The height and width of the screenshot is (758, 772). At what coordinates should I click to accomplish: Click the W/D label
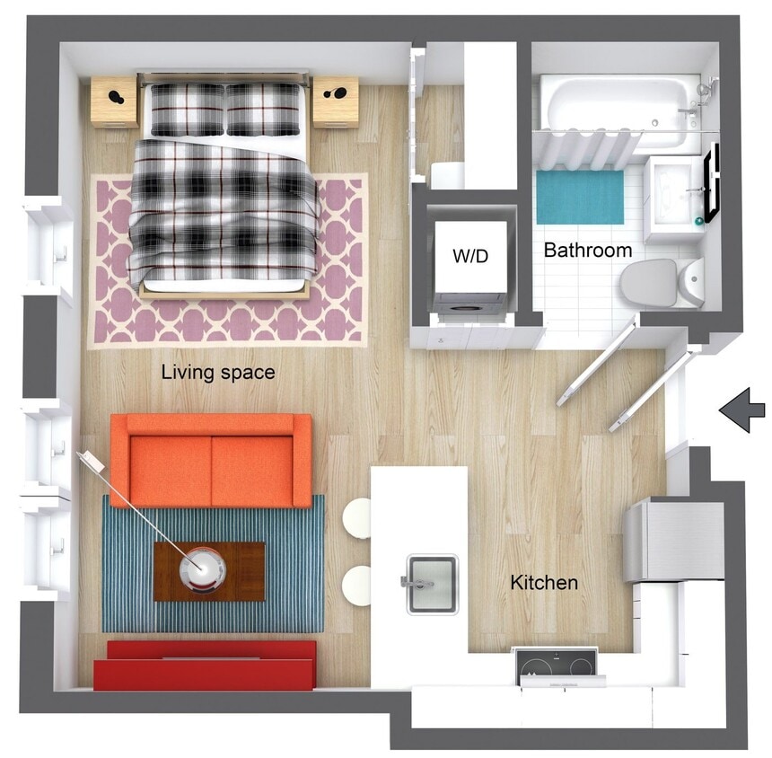(x=470, y=256)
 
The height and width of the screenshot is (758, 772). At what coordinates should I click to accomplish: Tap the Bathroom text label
(x=588, y=251)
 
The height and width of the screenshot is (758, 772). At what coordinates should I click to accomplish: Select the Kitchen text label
(x=544, y=583)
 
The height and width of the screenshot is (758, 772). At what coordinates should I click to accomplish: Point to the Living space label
(x=217, y=372)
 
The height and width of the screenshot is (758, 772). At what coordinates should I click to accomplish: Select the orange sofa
(x=212, y=461)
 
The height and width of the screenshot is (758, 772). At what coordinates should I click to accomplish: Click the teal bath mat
(x=580, y=197)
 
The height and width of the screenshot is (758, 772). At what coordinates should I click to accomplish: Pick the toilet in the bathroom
(x=660, y=283)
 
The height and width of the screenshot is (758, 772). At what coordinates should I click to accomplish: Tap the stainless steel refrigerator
(x=675, y=541)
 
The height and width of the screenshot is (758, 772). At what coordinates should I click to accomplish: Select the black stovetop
(x=556, y=665)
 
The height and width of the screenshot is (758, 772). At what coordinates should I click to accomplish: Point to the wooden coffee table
(x=209, y=571)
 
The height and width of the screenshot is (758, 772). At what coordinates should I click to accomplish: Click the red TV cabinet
(x=205, y=664)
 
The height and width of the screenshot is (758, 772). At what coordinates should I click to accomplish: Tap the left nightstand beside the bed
(x=115, y=101)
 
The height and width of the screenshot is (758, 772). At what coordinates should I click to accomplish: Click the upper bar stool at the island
(x=357, y=517)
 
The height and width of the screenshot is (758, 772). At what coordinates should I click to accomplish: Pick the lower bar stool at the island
(x=357, y=586)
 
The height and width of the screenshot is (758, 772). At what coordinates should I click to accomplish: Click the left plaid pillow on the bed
(x=187, y=109)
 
